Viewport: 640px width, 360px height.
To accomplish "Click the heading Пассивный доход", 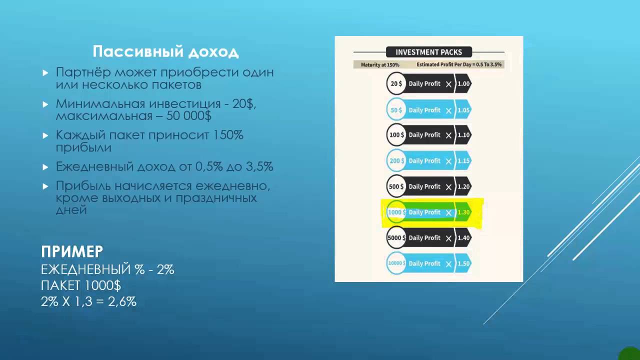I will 165,52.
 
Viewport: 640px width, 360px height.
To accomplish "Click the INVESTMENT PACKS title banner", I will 428,52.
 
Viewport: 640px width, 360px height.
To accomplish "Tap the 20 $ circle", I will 396,84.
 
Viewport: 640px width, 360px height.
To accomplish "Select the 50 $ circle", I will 396,110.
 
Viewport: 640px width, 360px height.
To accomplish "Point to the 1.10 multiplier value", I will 463,135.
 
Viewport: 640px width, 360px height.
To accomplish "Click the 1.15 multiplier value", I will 463,161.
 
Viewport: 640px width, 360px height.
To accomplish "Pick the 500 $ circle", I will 396,186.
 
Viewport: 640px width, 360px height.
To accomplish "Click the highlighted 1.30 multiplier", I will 463,212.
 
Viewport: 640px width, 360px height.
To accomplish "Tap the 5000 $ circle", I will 396,238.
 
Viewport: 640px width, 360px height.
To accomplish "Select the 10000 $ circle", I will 396,263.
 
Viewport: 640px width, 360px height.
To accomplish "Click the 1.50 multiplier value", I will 463,263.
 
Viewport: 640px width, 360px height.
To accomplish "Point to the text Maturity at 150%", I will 380,65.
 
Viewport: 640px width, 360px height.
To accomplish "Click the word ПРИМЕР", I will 72,251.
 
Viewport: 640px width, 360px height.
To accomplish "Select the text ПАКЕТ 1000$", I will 81,286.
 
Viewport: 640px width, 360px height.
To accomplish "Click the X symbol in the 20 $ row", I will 448,84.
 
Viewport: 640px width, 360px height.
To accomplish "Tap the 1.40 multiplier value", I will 463,238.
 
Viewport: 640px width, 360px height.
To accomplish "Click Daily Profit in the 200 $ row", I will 424,161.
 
